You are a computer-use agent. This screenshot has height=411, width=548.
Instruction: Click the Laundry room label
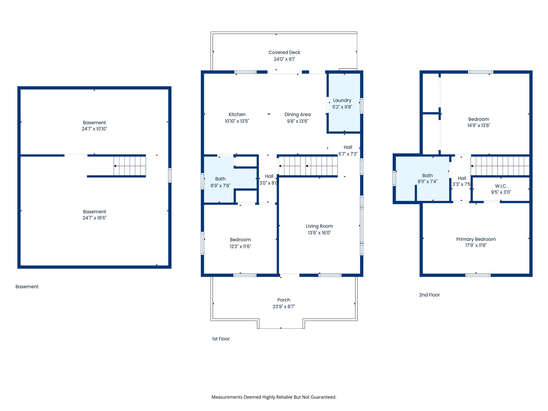(x=342, y=100)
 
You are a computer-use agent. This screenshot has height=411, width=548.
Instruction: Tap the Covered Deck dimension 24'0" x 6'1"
(x=284, y=59)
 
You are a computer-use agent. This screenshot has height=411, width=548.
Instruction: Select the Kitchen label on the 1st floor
(x=237, y=115)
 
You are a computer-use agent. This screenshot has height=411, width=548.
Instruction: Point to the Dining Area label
(x=298, y=115)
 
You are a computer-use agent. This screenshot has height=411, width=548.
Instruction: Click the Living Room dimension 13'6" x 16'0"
(x=319, y=233)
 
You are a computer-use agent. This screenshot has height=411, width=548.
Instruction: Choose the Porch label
(x=284, y=300)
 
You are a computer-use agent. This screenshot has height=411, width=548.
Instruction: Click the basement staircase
(x=130, y=166)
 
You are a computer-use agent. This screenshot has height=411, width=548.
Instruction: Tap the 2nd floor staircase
(x=500, y=166)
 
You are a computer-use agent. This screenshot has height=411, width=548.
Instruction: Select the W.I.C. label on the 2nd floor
(x=501, y=186)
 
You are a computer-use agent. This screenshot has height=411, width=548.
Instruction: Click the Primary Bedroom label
(x=476, y=239)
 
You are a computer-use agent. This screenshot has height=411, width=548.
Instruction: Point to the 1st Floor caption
(x=221, y=339)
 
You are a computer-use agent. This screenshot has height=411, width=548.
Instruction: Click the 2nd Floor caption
(x=429, y=295)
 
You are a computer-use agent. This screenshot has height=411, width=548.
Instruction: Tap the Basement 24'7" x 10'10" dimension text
(x=94, y=129)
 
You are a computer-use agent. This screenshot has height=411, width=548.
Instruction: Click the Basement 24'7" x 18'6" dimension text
(x=94, y=218)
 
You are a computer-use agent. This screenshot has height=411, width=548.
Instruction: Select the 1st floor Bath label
(x=220, y=179)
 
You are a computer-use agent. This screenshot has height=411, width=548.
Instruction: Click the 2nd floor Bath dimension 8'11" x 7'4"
(x=427, y=181)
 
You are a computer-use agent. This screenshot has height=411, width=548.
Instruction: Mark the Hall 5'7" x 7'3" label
(x=348, y=147)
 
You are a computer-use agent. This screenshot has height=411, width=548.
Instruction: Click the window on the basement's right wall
(x=170, y=175)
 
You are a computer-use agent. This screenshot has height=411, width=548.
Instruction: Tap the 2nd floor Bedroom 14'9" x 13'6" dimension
(x=478, y=125)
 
